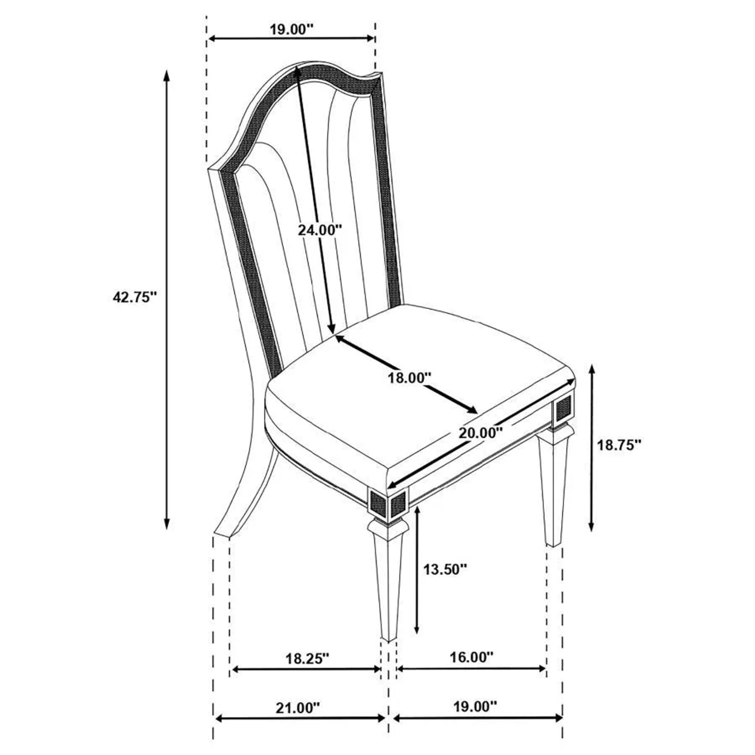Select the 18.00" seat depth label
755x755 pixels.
409,378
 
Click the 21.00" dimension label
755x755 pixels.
298,708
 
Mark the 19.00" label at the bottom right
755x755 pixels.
475,707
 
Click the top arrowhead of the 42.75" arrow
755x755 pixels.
167,74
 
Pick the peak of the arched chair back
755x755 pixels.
309,63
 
